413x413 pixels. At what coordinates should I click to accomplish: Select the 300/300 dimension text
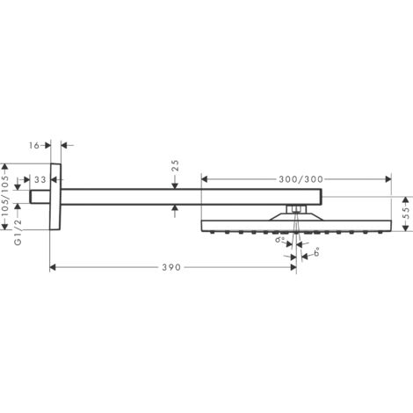(x=300, y=179)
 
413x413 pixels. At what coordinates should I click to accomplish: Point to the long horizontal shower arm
(x=176, y=197)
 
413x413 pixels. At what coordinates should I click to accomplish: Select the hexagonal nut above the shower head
(x=297, y=208)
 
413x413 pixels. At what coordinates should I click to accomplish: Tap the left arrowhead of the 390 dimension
(x=53, y=267)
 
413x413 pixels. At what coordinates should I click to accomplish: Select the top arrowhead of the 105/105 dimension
(x=8, y=165)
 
